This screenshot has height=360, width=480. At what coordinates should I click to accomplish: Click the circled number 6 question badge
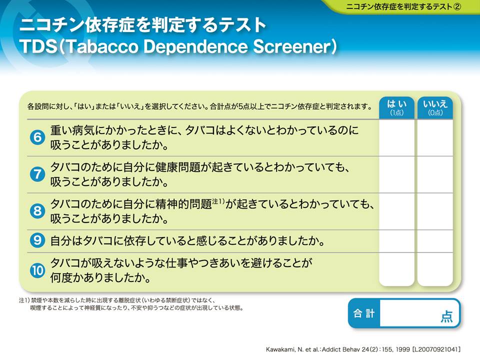37,137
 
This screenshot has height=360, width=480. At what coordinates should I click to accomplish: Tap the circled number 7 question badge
37,174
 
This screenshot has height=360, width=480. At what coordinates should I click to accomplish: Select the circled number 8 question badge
37,211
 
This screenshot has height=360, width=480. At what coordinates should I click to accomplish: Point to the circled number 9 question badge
37,240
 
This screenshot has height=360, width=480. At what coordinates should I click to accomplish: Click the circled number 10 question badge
37,270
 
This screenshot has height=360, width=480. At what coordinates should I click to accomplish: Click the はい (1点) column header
396,108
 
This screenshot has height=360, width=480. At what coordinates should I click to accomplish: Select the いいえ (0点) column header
435,108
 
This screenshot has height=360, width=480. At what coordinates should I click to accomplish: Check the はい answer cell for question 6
396,138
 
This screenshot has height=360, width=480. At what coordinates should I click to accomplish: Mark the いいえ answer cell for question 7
435,174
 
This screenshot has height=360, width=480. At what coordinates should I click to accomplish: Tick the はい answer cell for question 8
396,211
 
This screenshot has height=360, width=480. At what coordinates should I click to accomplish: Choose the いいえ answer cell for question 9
435,241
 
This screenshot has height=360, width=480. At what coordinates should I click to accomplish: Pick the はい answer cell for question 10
396,269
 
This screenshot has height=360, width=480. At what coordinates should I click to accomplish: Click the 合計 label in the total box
364,313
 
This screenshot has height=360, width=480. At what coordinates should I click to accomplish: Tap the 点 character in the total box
446,316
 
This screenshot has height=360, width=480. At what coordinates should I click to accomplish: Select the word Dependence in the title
195,47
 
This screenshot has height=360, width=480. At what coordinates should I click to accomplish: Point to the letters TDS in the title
38,47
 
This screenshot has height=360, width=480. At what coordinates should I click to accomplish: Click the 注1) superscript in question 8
218,201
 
